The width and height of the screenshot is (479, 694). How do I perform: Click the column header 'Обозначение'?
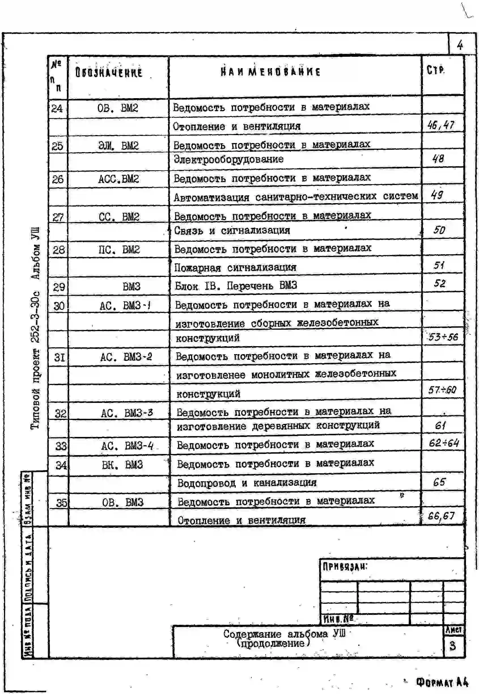pos(108,73)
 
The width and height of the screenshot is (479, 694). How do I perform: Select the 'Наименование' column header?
pos(270,72)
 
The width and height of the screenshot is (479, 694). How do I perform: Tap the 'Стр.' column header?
pos(435,70)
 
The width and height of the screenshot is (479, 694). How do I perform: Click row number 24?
pos(57,108)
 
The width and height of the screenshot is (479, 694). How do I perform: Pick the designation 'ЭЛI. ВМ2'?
pos(118,146)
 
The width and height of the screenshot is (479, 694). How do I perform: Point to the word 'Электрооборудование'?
pos(228,159)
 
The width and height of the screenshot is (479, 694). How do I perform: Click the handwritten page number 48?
pos(438,159)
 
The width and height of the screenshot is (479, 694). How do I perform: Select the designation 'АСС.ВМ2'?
pos(118,179)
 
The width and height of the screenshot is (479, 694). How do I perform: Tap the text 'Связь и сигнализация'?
pos(232,231)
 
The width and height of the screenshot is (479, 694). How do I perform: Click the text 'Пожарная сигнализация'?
pos(235,267)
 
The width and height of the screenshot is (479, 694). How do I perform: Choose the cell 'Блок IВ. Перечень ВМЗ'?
pos(236,285)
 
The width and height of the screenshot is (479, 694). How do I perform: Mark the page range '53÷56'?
pos(443,337)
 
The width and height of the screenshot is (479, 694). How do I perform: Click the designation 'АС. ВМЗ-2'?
pos(126,357)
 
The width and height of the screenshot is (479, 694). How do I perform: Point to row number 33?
pos(61,446)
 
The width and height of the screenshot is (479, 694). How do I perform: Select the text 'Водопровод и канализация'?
pos(247,483)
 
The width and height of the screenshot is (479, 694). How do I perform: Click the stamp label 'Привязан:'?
pos(345,567)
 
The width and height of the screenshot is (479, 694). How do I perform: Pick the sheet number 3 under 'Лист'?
pos(453,646)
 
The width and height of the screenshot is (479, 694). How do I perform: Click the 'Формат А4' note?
pos(442,682)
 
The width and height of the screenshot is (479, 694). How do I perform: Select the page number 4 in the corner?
pos(460,45)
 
